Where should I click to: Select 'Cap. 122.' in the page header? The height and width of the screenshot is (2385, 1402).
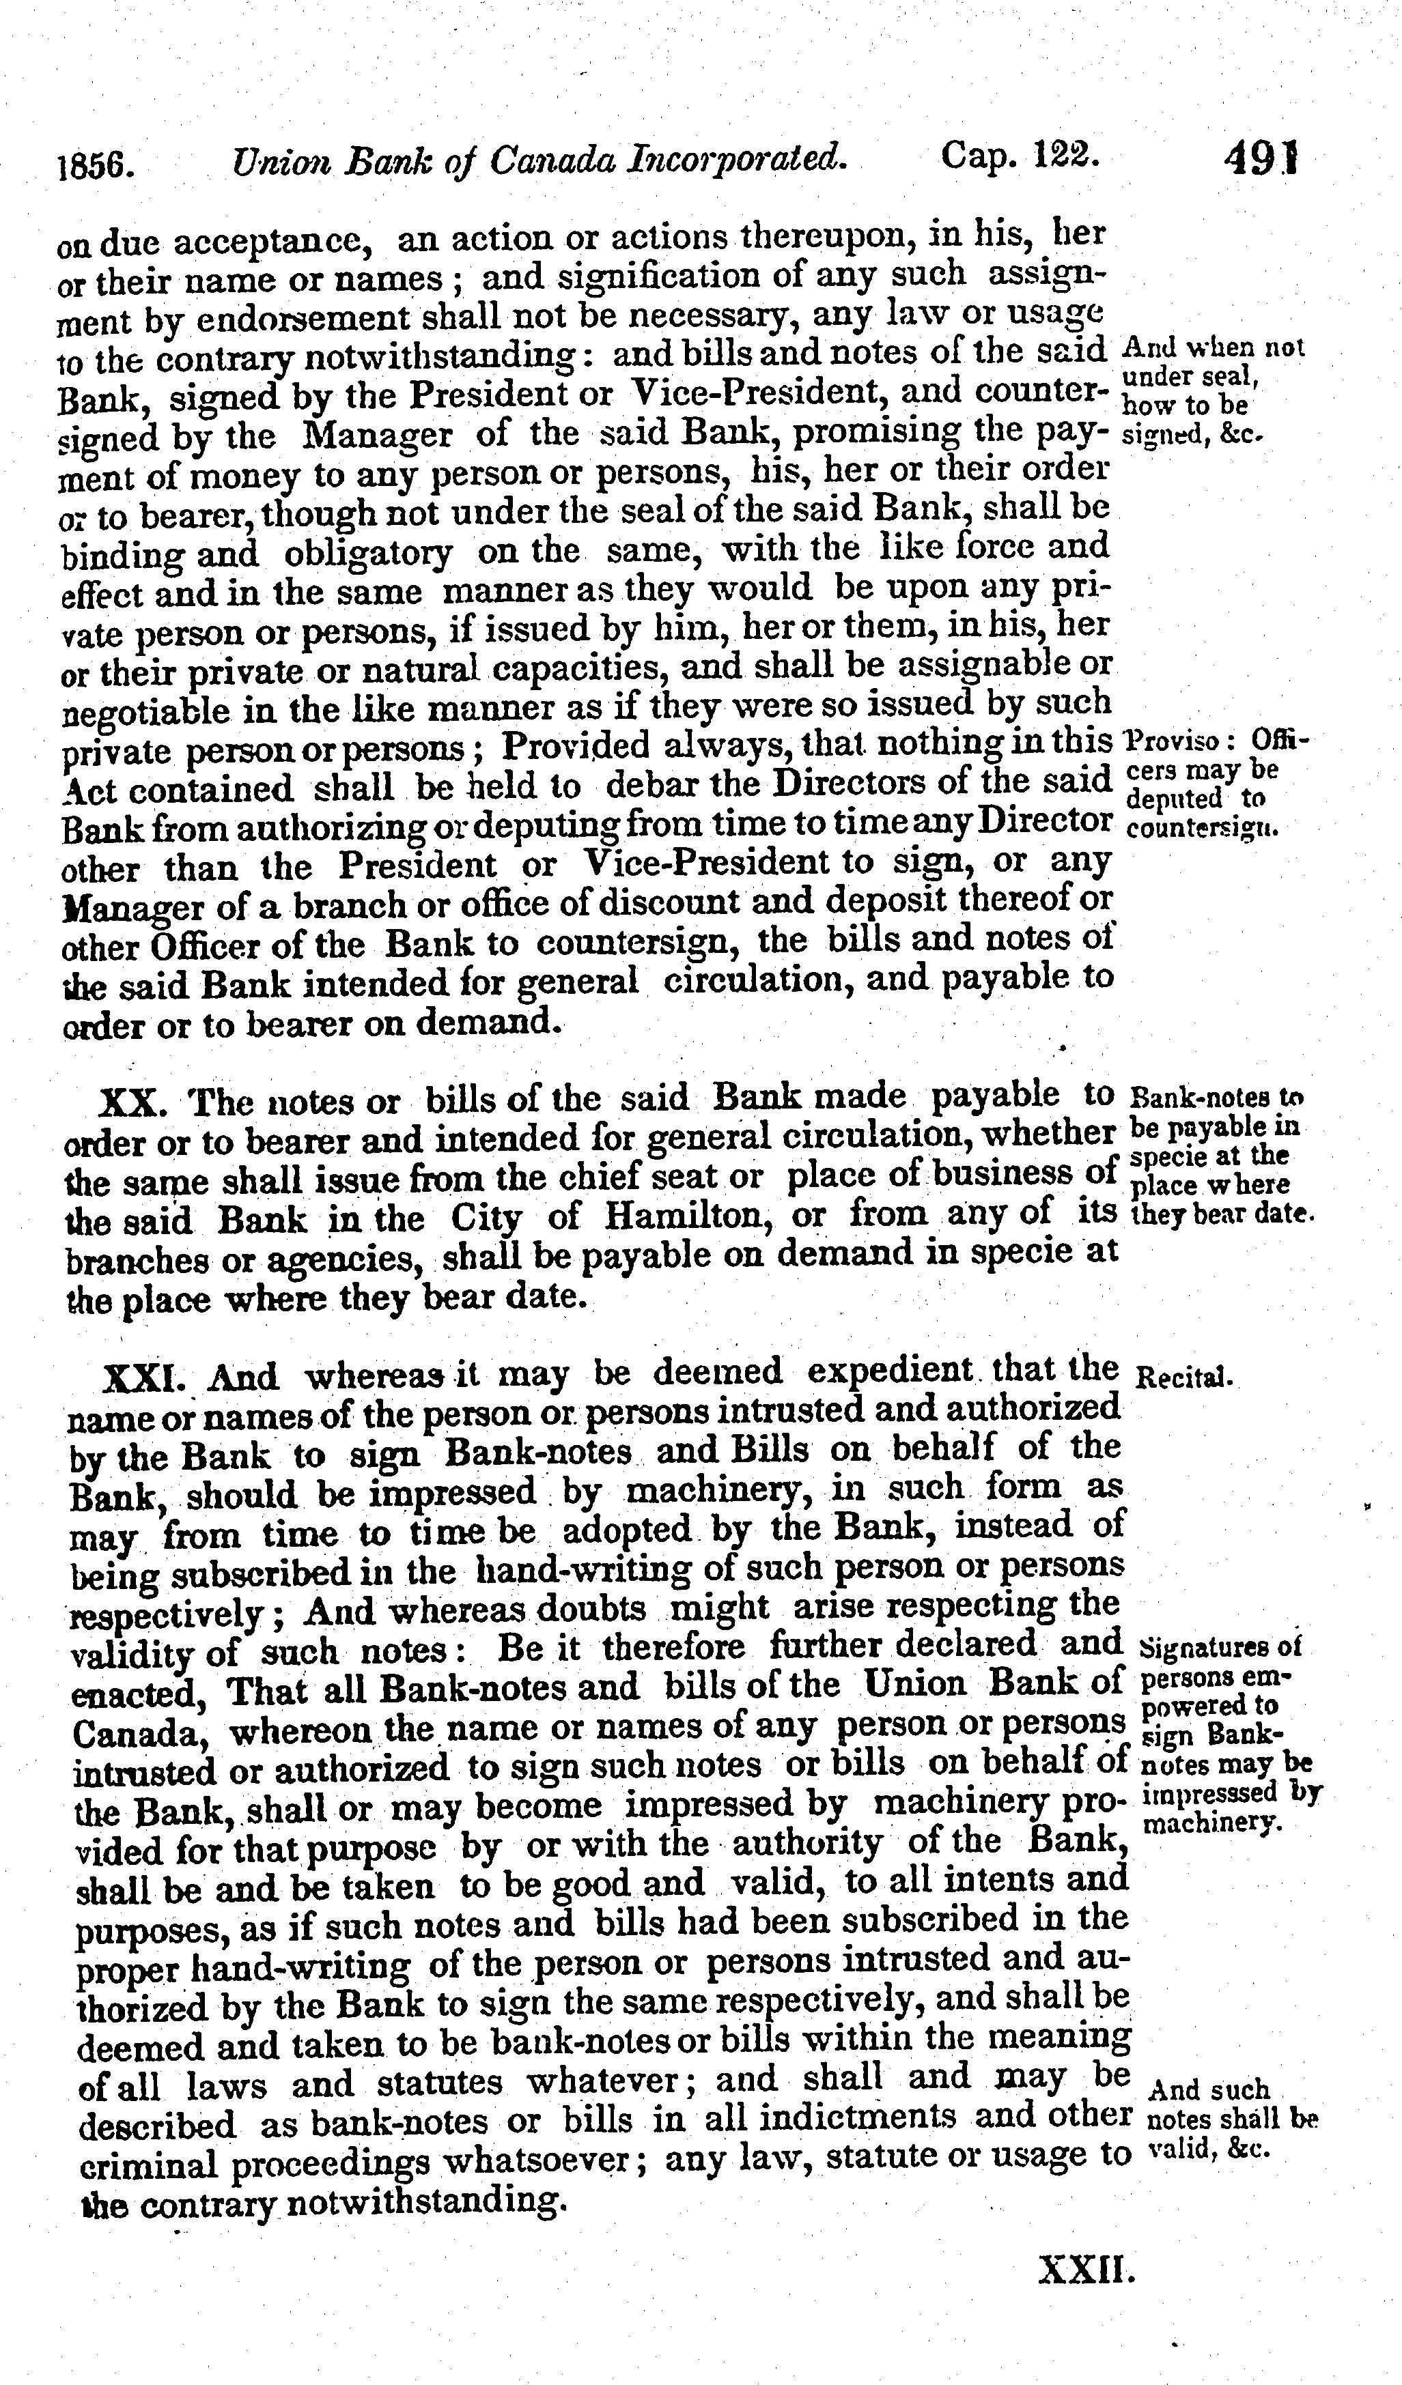[1020, 155]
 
